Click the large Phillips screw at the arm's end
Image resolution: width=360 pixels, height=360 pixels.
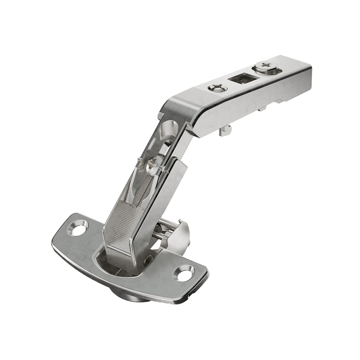click(267, 66)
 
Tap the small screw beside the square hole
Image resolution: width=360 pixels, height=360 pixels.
click(217, 88)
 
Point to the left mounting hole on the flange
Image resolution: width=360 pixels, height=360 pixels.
click(78, 228)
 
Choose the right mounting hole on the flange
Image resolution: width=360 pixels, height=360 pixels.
click(184, 273)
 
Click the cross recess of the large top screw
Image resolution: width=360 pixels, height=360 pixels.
click(267, 66)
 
